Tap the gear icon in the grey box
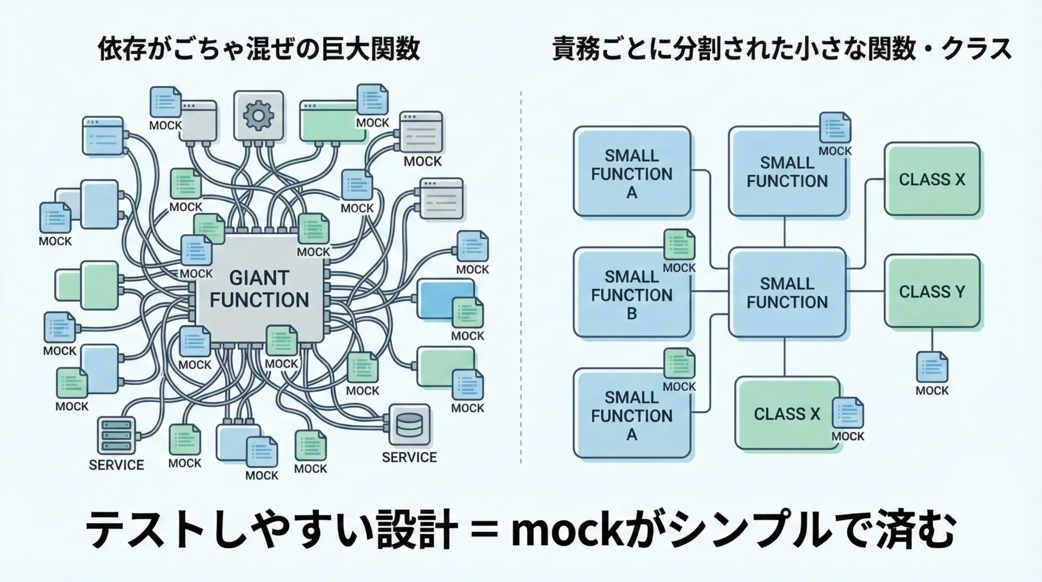pyautogui.click(x=258, y=116)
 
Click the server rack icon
pyautogui.click(x=116, y=435)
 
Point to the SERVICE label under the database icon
pyautogui.click(x=409, y=458)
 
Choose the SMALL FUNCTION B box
pyautogui.click(x=632, y=294)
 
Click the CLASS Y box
pyautogui.click(x=932, y=292)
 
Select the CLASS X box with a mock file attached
pyautogui.click(x=787, y=414)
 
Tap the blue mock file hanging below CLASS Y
pyautogui.click(x=932, y=367)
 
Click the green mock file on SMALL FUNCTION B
pyautogui.click(x=679, y=244)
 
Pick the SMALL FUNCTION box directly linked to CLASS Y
pyautogui.click(x=787, y=292)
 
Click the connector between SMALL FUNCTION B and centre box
pyautogui.click(x=710, y=292)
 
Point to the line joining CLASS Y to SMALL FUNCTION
pyautogui.click(x=866, y=292)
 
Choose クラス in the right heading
pyautogui.click(x=977, y=49)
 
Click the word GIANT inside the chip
pyautogui.click(x=259, y=278)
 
